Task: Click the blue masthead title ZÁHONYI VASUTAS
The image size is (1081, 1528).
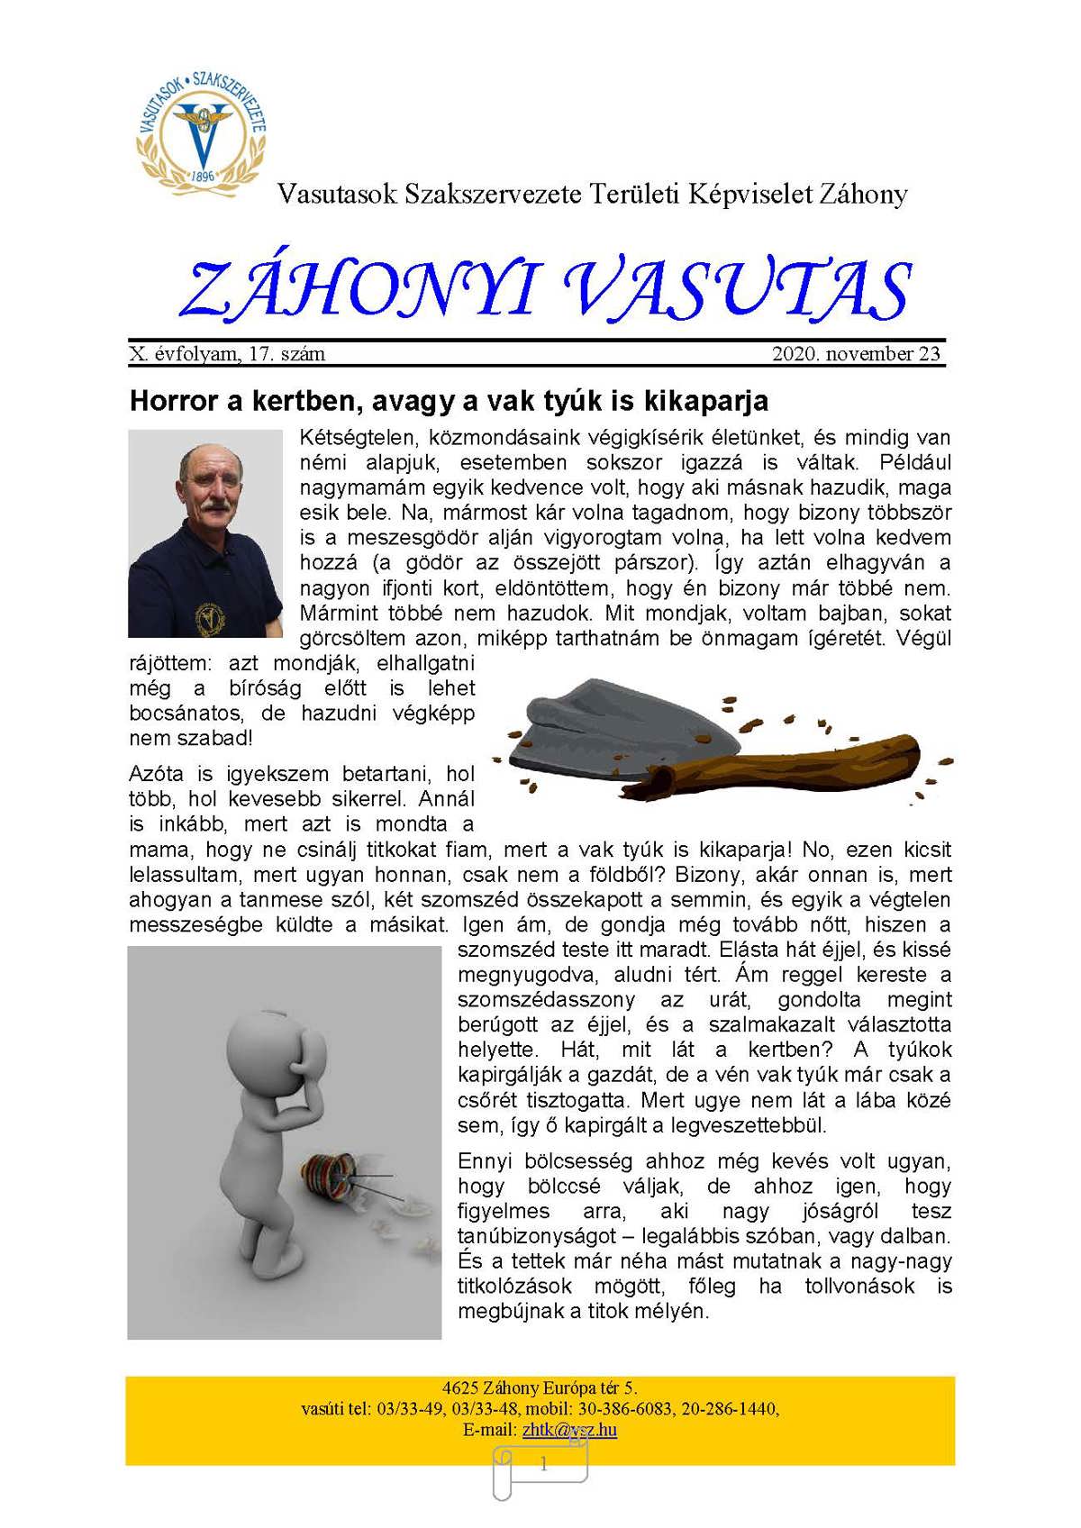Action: (546, 290)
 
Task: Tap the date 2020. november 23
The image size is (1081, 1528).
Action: (856, 354)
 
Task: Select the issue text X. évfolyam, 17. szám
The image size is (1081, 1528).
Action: (227, 354)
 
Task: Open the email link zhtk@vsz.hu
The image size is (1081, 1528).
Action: (569, 1430)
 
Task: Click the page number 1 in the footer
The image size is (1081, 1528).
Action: (543, 1465)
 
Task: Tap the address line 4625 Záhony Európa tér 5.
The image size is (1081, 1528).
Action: (540, 1388)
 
